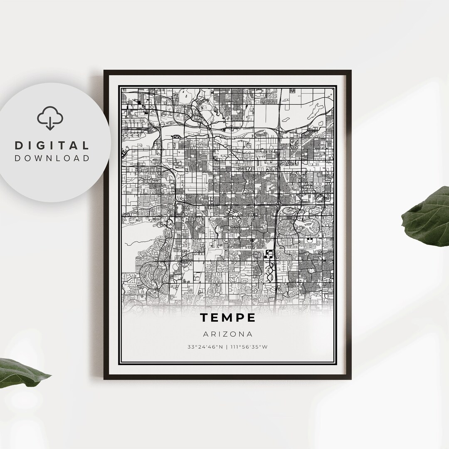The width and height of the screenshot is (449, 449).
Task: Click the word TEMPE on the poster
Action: pyautogui.click(x=227, y=318)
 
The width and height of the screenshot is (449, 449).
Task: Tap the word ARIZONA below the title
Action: pyautogui.click(x=227, y=334)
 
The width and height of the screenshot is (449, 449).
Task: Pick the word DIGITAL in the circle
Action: pyautogui.click(x=52, y=146)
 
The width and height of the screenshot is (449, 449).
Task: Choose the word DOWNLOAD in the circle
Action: pyautogui.click(x=52, y=158)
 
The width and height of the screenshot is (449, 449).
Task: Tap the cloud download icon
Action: pyautogui.click(x=50, y=118)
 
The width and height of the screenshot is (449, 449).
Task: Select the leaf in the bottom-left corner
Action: pyautogui.click(x=21, y=372)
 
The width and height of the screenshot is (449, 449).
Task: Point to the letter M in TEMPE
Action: pyautogui.click(x=227, y=318)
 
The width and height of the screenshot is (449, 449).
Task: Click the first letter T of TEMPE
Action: pyautogui.click(x=204, y=318)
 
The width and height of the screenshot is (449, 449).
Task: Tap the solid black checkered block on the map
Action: pyautogui.click(x=269, y=254)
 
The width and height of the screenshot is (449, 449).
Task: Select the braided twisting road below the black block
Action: pyautogui.click(x=269, y=272)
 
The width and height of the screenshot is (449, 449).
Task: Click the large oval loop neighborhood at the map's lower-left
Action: pyautogui.click(x=150, y=274)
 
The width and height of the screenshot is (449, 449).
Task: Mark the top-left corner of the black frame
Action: pyautogui.click(x=105, y=71)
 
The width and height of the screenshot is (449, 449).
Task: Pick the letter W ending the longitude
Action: pyautogui.click(x=265, y=347)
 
